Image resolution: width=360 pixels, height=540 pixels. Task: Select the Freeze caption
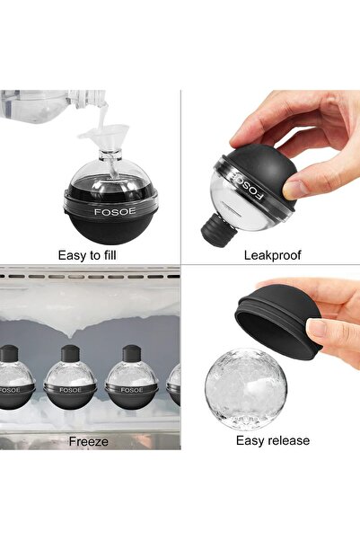point(88,441)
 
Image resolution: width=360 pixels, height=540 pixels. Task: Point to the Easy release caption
point(272,440)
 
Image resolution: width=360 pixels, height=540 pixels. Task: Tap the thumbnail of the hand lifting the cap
point(317,329)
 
